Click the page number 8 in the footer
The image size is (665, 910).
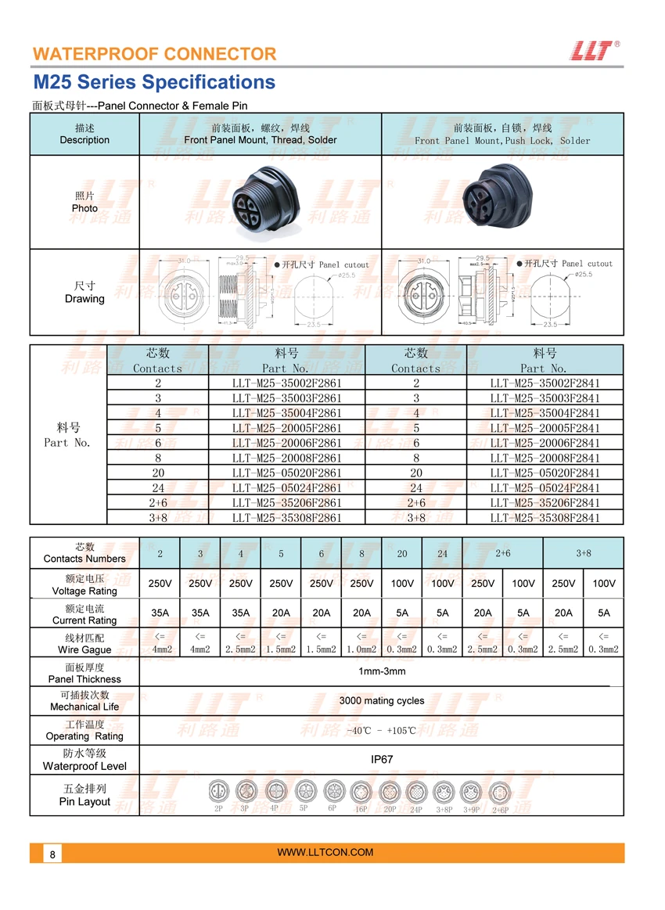coord(52,854)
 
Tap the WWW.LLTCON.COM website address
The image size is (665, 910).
coord(325,852)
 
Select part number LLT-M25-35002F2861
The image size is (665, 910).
coord(287,383)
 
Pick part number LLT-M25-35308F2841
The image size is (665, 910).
coord(545,518)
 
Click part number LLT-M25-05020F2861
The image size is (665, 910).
coord(287,473)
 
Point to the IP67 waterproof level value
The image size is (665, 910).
coord(382,759)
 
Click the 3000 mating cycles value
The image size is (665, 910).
coord(382,701)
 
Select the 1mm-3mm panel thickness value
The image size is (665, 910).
coord(382,671)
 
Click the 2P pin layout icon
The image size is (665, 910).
coord(218,792)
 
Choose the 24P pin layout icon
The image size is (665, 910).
coord(415,792)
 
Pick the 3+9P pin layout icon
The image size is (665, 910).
coord(470,792)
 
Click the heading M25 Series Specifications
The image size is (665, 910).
coord(154,82)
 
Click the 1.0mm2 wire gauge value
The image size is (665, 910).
coord(361,649)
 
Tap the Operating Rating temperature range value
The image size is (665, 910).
coord(382,731)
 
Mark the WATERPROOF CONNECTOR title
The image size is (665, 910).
coord(154,54)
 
